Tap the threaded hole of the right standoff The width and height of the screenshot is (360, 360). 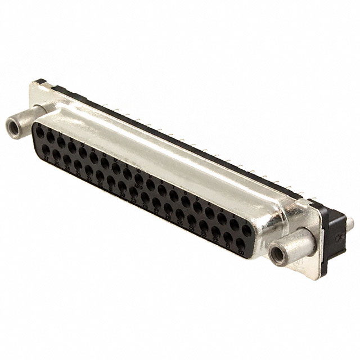pyautogui.click(x=277, y=255)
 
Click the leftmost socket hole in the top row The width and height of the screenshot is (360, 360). pyautogui.click(x=40, y=134)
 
